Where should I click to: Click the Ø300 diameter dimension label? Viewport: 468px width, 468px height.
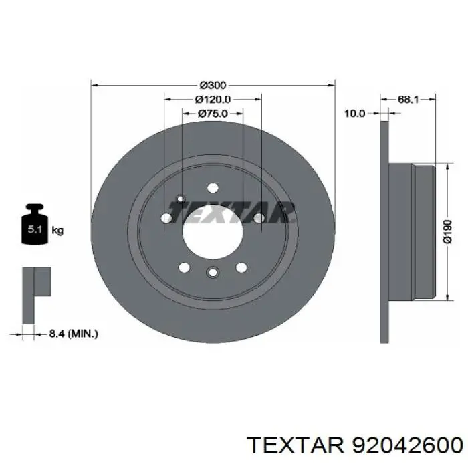tap(213, 86)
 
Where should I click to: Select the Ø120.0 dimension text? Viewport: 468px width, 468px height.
tap(213, 100)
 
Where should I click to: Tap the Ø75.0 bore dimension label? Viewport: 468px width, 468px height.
tap(213, 114)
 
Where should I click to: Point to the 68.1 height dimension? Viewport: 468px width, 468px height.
tap(408, 100)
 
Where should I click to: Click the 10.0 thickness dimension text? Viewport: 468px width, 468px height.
tap(354, 114)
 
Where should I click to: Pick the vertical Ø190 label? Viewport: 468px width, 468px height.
tap(448, 231)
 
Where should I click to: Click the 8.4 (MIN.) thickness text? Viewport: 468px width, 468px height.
tap(74, 334)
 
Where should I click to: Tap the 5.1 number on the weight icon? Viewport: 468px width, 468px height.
tap(35, 229)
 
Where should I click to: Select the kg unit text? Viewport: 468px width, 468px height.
tap(57, 231)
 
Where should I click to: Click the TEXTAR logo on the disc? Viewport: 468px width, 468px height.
tap(232, 212)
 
